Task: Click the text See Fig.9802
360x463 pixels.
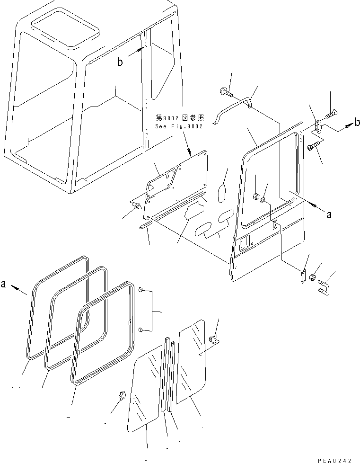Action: (179, 127)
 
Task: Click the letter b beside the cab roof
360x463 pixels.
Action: (121, 62)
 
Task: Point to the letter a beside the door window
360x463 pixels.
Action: (330, 214)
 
